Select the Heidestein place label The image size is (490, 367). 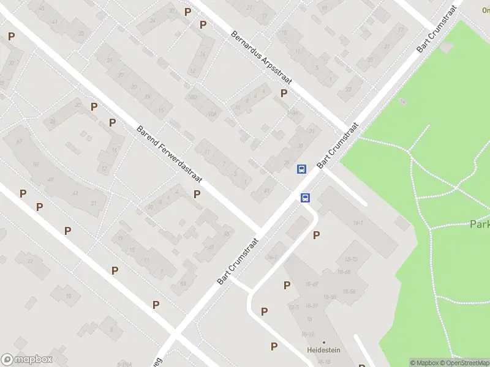coord(323,350)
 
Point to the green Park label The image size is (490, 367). coord(480,224)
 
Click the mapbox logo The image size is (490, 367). coord(27,360)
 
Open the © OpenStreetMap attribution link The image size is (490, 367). coord(464,363)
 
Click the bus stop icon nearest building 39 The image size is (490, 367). coord(301,169)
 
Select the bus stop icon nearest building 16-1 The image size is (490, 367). coord(305,197)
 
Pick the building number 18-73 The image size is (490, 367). coord(352,261)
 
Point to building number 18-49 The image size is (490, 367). coord(312,284)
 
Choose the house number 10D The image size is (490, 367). coord(193,97)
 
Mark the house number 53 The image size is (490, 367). coord(183,283)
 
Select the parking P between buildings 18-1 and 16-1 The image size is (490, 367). coord(316,235)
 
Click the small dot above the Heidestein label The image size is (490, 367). coord(323,342)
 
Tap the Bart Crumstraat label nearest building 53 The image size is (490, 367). coord(238,261)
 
